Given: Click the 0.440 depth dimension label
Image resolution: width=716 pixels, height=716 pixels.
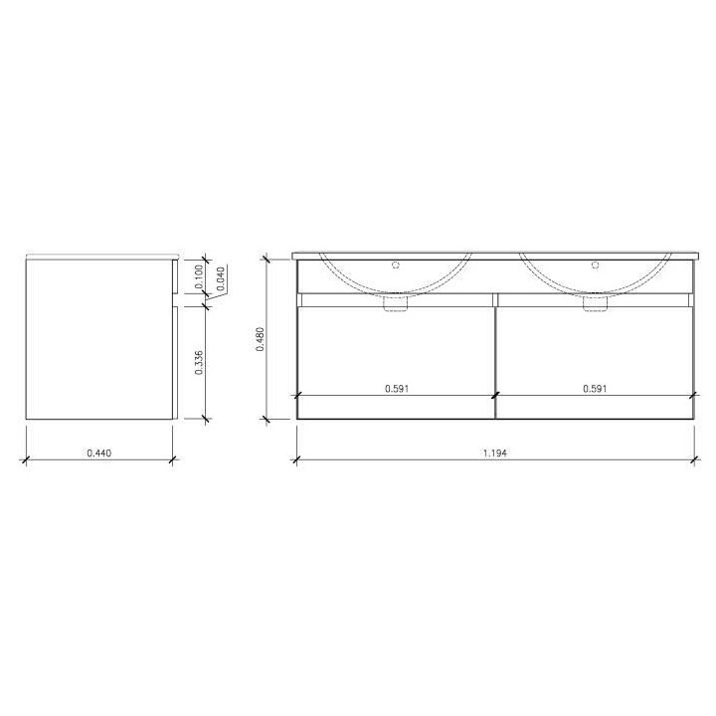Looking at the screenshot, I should [98, 452].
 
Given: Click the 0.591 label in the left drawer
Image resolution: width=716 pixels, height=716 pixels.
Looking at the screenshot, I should [396, 389].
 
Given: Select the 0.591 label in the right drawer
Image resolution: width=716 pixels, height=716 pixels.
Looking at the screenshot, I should [595, 389].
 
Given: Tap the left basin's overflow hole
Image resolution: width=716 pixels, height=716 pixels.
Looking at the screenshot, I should [396, 266].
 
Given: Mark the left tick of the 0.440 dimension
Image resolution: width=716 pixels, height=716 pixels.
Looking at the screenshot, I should [26, 459].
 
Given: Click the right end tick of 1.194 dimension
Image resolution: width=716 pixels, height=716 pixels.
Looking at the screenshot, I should [693, 459].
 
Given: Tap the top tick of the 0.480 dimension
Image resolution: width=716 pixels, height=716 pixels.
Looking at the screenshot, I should [268, 259].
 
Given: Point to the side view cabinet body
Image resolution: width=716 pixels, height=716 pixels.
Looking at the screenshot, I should [98, 338].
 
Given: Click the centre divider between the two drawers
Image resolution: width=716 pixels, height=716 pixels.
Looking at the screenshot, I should [495, 358].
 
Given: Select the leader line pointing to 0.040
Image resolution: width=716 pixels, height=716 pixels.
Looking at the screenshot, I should [211, 299].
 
